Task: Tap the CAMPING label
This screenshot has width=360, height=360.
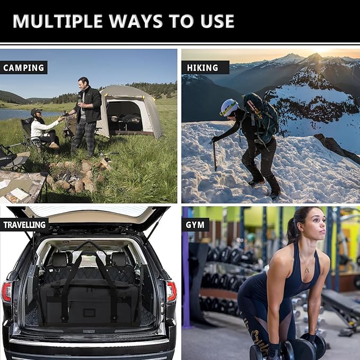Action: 23,68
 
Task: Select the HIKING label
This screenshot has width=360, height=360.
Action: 202,68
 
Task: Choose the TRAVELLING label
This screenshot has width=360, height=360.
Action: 24,225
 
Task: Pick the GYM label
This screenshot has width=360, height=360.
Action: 195,225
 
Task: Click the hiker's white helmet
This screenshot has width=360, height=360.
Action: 229,107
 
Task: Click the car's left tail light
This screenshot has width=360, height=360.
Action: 6,292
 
